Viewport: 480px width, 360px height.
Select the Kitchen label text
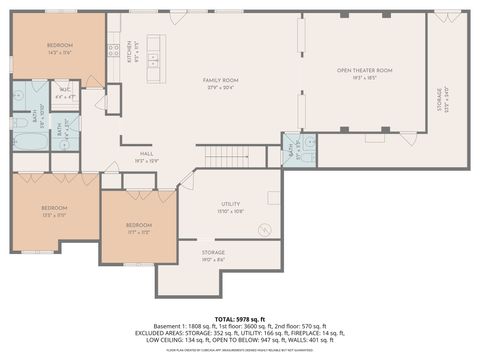click(129, 51)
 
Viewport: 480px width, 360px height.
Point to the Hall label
click(147, 154)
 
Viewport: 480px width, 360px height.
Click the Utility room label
click(230, 207)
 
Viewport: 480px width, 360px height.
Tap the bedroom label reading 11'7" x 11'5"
click(138, 227)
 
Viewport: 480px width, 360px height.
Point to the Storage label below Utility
click(212, 255)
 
